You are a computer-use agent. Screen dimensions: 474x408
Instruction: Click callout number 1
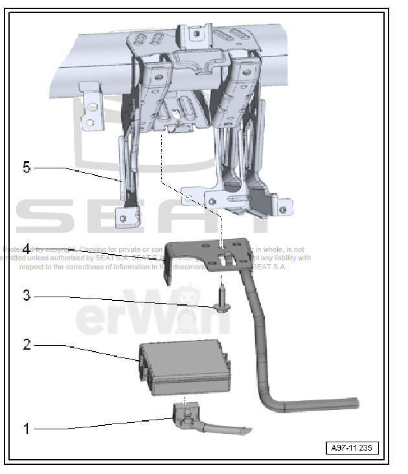pos(27,429)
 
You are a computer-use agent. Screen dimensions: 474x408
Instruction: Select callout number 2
pos(27,344)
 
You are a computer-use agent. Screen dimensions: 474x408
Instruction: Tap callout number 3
pos(27,295)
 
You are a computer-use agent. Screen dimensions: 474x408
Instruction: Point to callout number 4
pos(27,248)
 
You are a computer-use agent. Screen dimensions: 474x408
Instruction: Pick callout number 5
pos(27,168)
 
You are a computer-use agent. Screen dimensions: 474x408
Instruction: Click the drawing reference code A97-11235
pos(352,448)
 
